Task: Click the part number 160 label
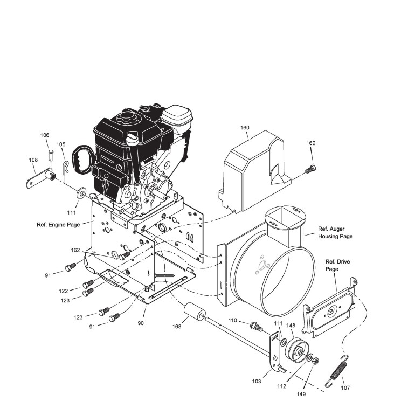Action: (245, 128)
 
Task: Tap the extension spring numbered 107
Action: (337, 371)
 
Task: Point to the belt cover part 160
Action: (254, 172)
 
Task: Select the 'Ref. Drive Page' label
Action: (337, 265)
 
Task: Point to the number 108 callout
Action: (33, 160)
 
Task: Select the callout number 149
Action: (301, 394)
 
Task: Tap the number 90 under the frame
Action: (141, 323)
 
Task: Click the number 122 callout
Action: (64, 290)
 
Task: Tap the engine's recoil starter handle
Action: (81, 157)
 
